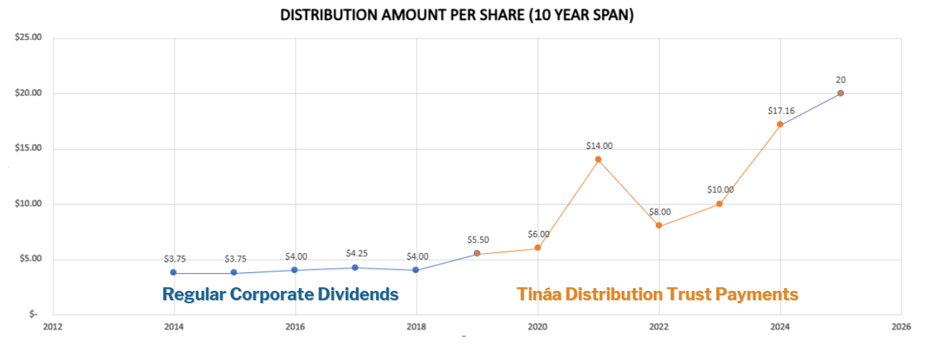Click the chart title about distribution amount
[456, 15]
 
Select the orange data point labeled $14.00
[598, 159]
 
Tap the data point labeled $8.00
[659, 225]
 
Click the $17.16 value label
[780, 110]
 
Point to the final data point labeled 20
[841, 93]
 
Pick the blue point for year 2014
[173, 272]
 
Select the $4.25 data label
[356, 253]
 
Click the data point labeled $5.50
[477, 253]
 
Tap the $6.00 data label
[538, 234]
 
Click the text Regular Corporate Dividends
[280, 294]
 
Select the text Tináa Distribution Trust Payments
[657, 294]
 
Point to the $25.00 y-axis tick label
[28, 38]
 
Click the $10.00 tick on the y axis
[28, 204]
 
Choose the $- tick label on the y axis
[32, 314]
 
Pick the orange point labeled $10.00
[720, 204]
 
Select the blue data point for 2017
[355, 267]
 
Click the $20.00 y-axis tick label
[28, 93]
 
